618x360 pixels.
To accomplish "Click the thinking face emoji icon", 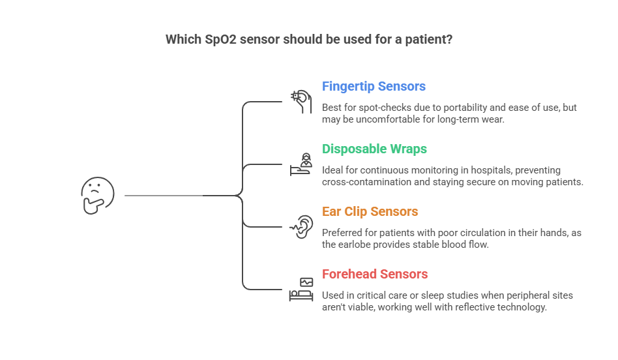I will (97, 195).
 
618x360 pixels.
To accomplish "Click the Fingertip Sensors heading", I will (374, 87).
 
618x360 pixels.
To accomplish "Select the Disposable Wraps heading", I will (374, 149).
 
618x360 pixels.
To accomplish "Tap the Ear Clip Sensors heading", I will (370, 212).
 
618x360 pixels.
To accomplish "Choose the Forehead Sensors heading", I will (375, 275).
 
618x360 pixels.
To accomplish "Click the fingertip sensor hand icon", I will (301, 102).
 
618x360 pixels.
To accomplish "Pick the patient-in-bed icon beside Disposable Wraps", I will (301, 164).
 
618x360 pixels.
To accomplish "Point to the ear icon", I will (301, 226).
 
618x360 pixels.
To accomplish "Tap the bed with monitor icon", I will (301, 289).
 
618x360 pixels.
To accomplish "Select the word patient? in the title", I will (431, 39).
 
